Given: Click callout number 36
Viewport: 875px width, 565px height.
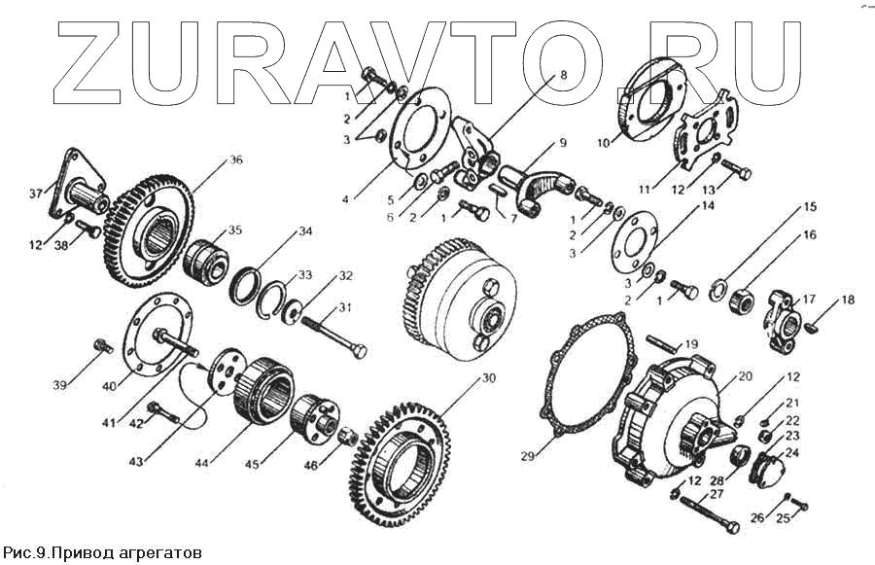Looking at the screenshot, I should pyautogui.click(x=234, y=160).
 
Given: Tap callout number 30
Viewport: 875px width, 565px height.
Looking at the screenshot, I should pyautogui.click(x=488, y=377).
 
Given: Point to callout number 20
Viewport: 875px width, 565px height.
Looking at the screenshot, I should pyautogui.click(x=745, y=376).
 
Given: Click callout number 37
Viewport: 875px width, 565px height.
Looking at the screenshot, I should pyautogui.click(x=36, y=193).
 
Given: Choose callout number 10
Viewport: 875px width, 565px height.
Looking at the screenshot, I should pyautogui.click(x=603, y=142).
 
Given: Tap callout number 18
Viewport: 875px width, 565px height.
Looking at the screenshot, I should pyautogui.click(x=849, y=300).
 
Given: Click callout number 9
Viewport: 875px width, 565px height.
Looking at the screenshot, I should pyautogui.click(x=562, y=142).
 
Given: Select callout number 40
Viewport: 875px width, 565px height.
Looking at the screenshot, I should pyautogui.click(x=109, y=386).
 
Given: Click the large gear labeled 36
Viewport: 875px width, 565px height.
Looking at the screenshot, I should pyautogui.click(x=146, y=224).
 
